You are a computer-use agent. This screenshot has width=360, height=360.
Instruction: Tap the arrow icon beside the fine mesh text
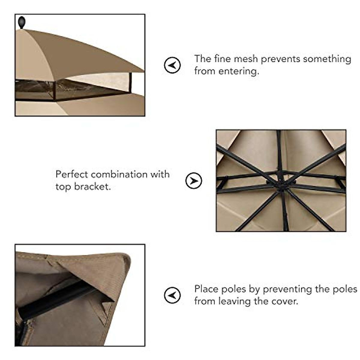click(x=172, y=65)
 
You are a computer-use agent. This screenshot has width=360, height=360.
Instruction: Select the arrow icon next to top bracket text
click(x=194, y=181)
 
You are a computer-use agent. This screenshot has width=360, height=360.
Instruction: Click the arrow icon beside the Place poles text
click(x=172, y=295)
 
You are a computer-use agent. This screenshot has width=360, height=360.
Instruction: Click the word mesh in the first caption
click(x=246, y=59)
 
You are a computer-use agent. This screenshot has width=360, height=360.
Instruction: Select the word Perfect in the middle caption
click(x=72, y=174)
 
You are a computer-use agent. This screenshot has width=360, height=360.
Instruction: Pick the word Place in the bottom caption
click(x=206, y=289)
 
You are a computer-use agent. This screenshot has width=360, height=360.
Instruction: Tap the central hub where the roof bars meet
click(x=281, y=181)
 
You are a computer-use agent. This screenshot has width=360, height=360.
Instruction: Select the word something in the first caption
click(x=327, y=59)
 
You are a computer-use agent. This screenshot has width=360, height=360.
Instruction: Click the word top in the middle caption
click(x=63, y=187)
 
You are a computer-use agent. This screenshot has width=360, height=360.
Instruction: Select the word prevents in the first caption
click(x=280, y=59)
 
